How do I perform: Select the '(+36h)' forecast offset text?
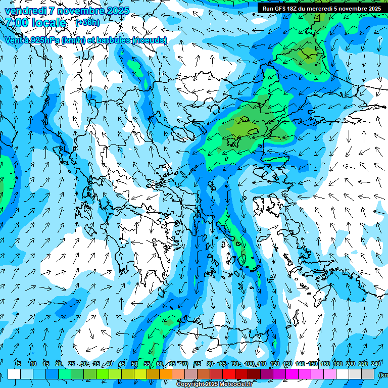click(87, 22)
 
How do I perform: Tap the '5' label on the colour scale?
click(19, 364)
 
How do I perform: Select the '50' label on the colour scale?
click(134, 364)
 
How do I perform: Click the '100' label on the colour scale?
click(249, 364)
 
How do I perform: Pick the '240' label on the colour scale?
click(375, 364)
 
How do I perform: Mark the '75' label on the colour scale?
click(198, 364)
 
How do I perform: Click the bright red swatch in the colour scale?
click(229, 374)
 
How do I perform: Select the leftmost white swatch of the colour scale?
click(14, 374)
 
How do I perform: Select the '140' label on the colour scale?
click(300, 364)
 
